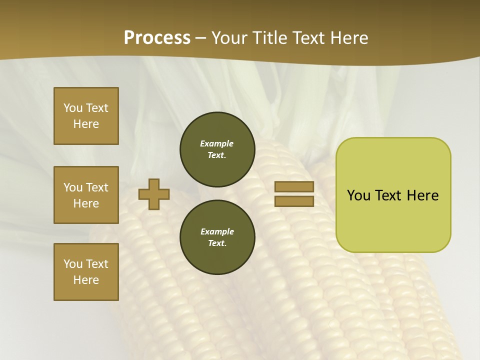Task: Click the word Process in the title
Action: (157, 38)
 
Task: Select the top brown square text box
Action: (86, 116)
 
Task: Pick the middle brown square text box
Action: (86, 195)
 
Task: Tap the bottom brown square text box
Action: (86, 272)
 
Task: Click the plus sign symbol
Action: (154, 194)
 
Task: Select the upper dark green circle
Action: (217, 149)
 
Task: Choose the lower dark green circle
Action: (217, 237)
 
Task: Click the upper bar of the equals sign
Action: (294, 187)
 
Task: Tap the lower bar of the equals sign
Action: (294, 201)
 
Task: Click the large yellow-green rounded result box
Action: (393, 194)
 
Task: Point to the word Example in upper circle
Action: (217, 143)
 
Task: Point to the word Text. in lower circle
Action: (217, 243)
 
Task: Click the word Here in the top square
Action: (86, 124)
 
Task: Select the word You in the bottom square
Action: (73, 264)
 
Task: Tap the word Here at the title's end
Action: (347, 38)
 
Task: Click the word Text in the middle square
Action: (97, 187)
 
